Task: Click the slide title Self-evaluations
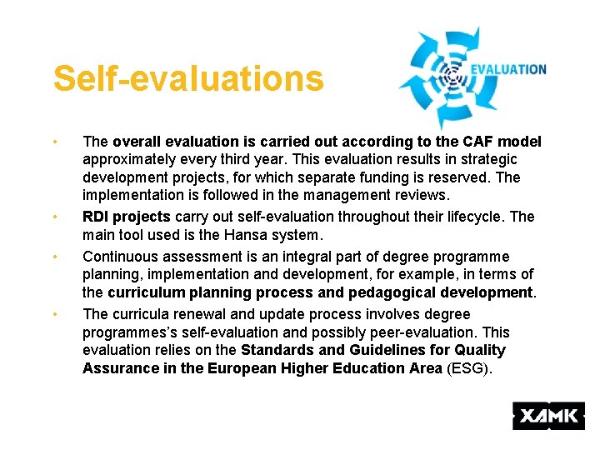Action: (x=187, y=79)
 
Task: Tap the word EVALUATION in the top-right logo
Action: (x=508, y=70)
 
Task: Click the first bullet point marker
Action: (x=54, y=142)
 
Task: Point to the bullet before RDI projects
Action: (x=54, y=217)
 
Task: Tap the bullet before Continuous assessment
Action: (x=54, y=257)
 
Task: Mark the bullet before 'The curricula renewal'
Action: (x=54, y=314)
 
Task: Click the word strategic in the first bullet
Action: (x=487, y=159)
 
